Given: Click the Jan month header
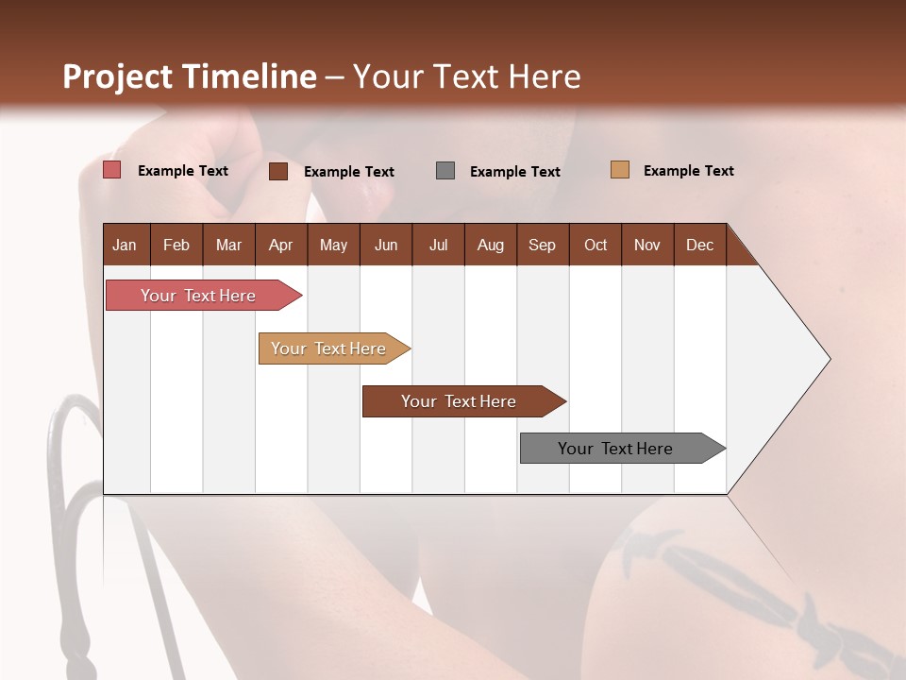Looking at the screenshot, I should (125, 245).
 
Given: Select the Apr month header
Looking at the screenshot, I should (280, 245).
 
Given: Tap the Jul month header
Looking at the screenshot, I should (438, 245).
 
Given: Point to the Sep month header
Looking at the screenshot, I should (542, 245).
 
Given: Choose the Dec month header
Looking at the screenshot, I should (699, 245).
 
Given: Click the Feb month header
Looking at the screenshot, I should (176, 245).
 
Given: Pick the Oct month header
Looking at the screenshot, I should (596, 245).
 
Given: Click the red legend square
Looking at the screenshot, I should (112, 170).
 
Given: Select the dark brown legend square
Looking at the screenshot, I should (278, 171).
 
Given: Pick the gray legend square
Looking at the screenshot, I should (445, 171).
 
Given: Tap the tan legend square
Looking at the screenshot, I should (620, 170).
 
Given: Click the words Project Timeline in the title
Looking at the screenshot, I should (189, 76).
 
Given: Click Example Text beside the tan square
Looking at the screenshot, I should (688, 171).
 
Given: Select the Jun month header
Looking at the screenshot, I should (386, 245).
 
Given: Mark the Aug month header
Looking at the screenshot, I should (490, 245).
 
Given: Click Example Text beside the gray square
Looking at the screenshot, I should (514, 172).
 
